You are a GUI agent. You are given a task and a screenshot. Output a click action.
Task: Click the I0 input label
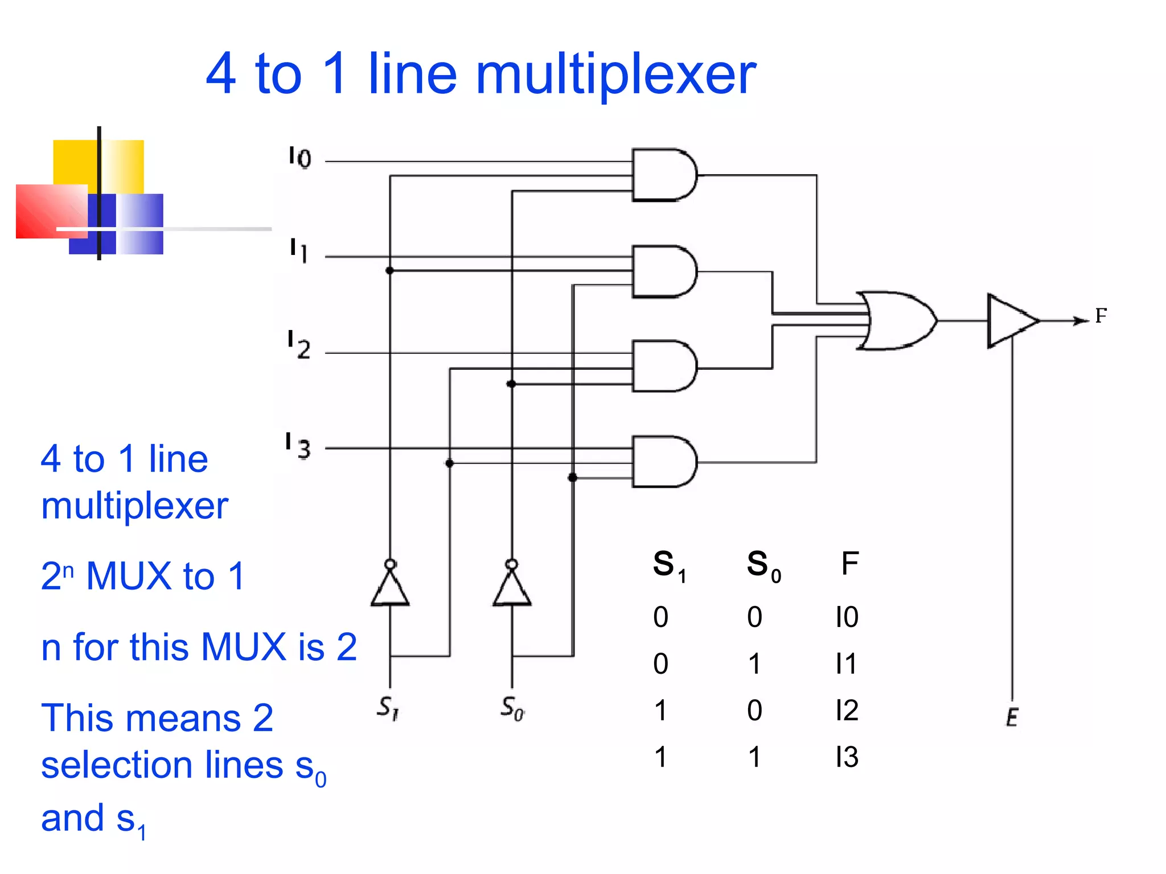[300, 157]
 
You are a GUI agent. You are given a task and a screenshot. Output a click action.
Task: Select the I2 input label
[299, 345]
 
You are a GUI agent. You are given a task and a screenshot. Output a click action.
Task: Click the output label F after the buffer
[1101, 316]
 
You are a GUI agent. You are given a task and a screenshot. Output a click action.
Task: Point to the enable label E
[1012, 717]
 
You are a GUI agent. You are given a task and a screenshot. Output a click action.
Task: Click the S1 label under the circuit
[388, 708]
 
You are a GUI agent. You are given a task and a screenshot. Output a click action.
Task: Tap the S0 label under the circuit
[512, 708]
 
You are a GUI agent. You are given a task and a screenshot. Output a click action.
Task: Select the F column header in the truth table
[849, 564]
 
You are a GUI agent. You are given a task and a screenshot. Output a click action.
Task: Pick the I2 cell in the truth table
[847, 711]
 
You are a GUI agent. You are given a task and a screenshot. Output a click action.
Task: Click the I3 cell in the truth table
[847, 757]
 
